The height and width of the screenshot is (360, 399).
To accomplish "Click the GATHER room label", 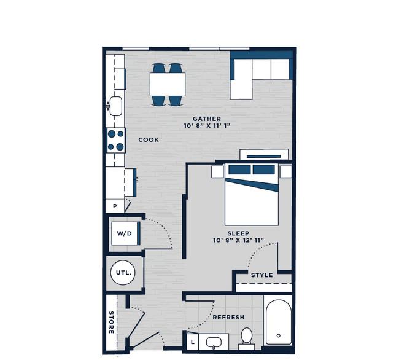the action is [x=207, y=119].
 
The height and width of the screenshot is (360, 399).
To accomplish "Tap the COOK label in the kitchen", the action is [x=149, y=139].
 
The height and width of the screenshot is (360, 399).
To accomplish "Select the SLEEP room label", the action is [x=238, y=233].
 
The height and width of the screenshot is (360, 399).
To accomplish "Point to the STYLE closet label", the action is [x=262, y=275].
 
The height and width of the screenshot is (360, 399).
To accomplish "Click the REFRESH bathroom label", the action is [x=228, y=317].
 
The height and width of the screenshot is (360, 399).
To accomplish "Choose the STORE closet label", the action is [x=111, y=322].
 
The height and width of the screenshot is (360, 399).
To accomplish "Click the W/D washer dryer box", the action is [x=125, y=233].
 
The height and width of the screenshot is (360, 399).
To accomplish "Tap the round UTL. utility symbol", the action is [x=123, y=272].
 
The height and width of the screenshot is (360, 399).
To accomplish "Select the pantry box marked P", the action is [x=115, y=206].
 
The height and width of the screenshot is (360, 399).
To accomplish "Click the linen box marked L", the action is [x=193, y=342].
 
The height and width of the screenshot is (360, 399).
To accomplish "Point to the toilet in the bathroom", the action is [x=246, y=338].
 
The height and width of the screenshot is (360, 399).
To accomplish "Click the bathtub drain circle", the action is [x=279, y=335].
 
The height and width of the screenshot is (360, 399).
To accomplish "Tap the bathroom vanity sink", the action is [x=214, y=342].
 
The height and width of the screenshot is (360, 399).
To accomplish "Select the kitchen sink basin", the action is [x=116, y=106].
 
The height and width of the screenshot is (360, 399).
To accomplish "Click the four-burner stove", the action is [x=116, y=140].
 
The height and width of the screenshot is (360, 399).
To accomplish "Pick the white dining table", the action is [x=168, y=85].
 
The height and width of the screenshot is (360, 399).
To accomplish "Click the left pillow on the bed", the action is [x=239, y=170].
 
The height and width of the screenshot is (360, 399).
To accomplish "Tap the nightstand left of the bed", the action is [x=217, y=171].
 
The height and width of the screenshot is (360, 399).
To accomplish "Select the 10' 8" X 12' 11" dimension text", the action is [x=238, y=240].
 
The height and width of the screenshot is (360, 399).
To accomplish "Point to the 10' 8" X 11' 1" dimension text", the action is [x=207, y=125].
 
